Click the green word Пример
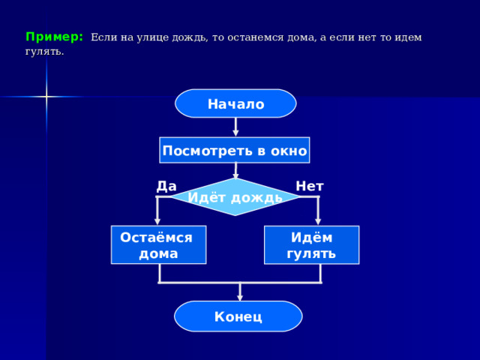tap(54, 37)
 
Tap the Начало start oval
tap(235, 103)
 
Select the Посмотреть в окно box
tap(235, 150)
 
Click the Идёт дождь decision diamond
tap(235, 196)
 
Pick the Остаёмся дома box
tap(158, 245)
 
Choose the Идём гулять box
tap(312, 245)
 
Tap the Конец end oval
tap(238, 316)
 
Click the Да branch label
tap(166, 186)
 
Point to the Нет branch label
tap(310, 186)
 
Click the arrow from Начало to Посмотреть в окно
tap(235, 127)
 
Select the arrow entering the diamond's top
tap(235, 170)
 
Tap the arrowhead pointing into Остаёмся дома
tap(157, 221)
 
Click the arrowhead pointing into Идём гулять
tap(318, 221)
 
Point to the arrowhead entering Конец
tap(240, 297)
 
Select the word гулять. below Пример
tap(45, 52)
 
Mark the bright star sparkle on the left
tap(46, 97)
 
